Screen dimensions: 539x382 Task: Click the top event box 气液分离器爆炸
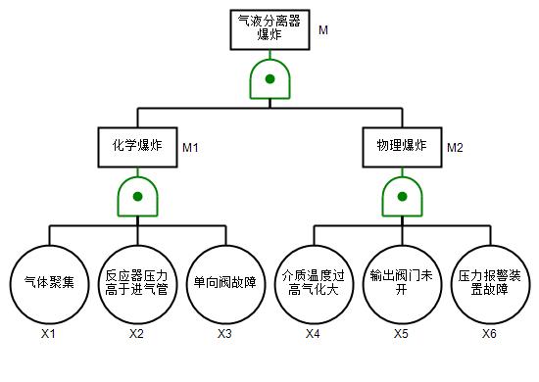pos(269,30)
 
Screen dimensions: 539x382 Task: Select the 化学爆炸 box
pos(137,147)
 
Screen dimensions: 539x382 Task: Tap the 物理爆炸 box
pos(402,147)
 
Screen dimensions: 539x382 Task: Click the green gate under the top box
pos(269,79)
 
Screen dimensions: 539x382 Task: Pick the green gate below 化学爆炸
pos(137,197)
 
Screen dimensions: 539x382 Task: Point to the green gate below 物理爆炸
pos(402,197)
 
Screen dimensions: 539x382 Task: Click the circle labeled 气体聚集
pos(50,284)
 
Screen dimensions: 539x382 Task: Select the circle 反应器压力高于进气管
pos(137,284)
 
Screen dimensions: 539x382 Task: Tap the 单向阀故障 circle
pos(225,284)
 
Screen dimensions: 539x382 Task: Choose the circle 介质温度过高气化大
pos(314,284)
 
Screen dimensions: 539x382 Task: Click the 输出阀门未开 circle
pos(402,284)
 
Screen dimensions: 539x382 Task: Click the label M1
pos(190,148)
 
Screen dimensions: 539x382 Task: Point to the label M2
pos(455,148)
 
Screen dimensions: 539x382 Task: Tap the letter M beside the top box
pos(323,30)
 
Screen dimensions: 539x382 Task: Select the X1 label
pos(48,334)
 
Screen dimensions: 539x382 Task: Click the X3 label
pos(224,334)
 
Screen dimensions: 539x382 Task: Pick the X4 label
pos(314,334)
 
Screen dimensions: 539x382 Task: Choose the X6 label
pos(489,334)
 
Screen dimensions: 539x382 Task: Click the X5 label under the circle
pos(401,334)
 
